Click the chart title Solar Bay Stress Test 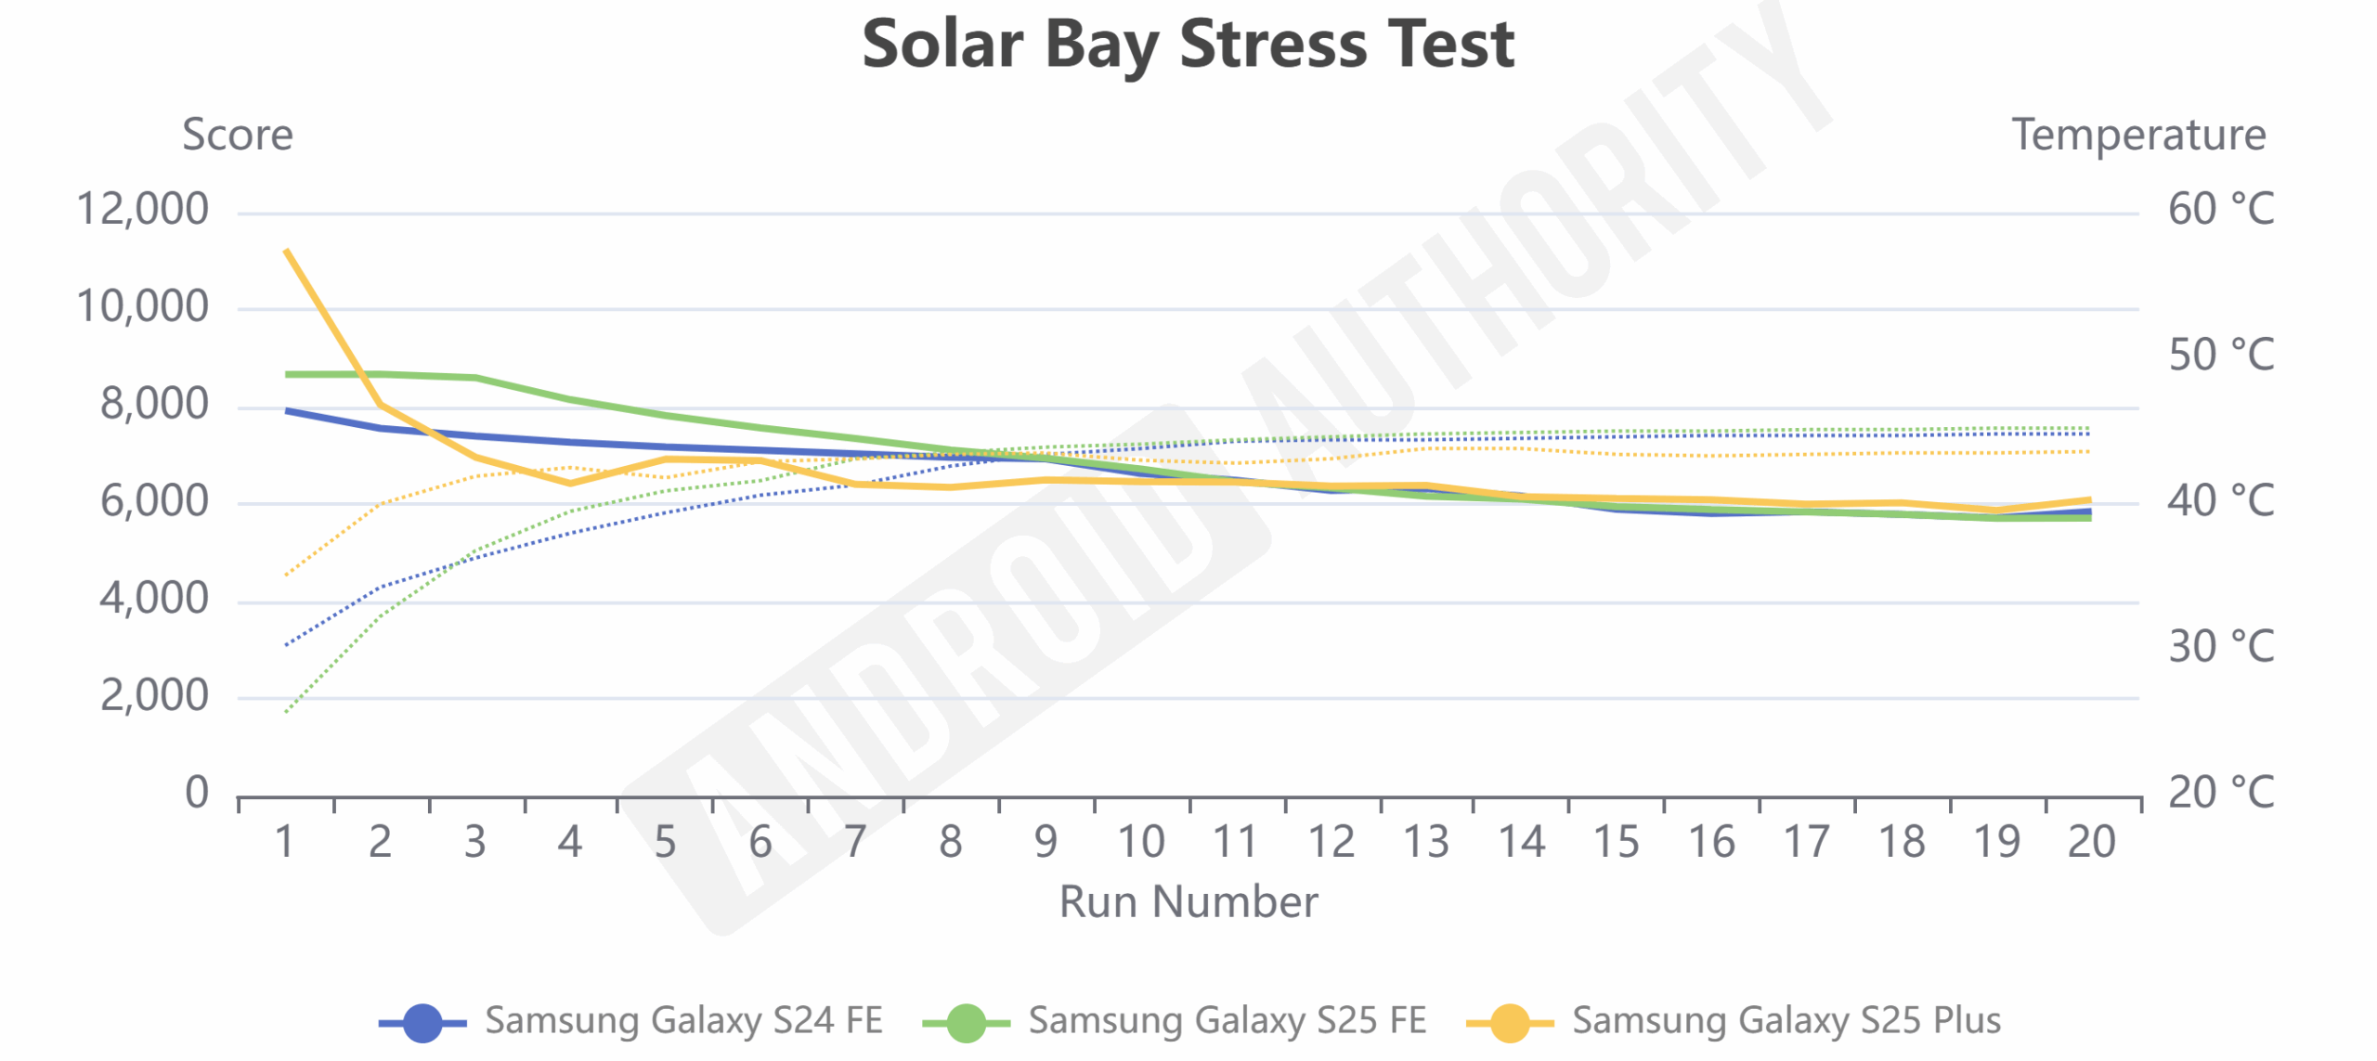click(x=1188, y=45)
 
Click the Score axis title click(x=238, y=136)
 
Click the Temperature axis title click(x=2137, y=136)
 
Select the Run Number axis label click(x=1188, y=901)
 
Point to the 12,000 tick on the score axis click(x=142, y=209)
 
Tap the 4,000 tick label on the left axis click(x=154, y=599)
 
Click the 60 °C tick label click(x=2220, y=209)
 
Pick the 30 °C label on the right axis click(x=2220, y=646)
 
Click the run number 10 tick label click(x=1140, y=842)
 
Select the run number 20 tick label click(x=2091, y=842)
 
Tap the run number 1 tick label click(x=285, y=842)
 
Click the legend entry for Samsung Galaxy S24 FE click(x=631, y=1021)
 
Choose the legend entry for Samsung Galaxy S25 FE click(x=1175, y=1021)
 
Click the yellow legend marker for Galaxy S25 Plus click(x=1510, y=1023)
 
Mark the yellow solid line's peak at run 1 click(x=286, y=250)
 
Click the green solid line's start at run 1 click(x=287, y=374)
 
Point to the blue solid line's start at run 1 click(x=287, y=410)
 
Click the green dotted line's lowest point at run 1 click(x=286, y=712)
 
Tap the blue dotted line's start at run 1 click(x=286, y=644)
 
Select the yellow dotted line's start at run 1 click(x=286, y=575)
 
